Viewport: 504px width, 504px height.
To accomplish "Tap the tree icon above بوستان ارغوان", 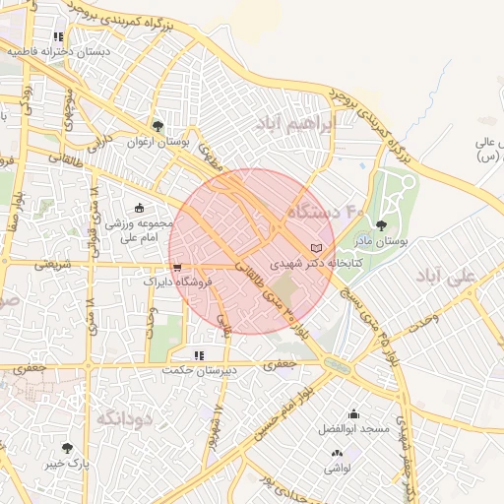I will click(157, 125).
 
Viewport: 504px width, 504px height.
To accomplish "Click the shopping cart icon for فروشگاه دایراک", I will click(176, 266).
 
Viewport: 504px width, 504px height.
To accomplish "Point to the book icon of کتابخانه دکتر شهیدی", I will click(315, 247).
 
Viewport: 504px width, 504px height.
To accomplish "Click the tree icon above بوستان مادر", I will click(381, 225).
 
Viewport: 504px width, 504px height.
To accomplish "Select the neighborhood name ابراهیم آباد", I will click(295, 123).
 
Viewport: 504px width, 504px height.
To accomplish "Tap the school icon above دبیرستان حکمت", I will click(198, 355).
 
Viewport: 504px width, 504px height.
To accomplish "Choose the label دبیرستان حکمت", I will click(200, 371).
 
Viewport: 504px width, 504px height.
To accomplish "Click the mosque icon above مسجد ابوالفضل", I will click(353, 414).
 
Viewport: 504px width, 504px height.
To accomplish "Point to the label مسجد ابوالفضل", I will click(353, 429).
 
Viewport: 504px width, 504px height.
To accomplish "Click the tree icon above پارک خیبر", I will click(67, 448).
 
